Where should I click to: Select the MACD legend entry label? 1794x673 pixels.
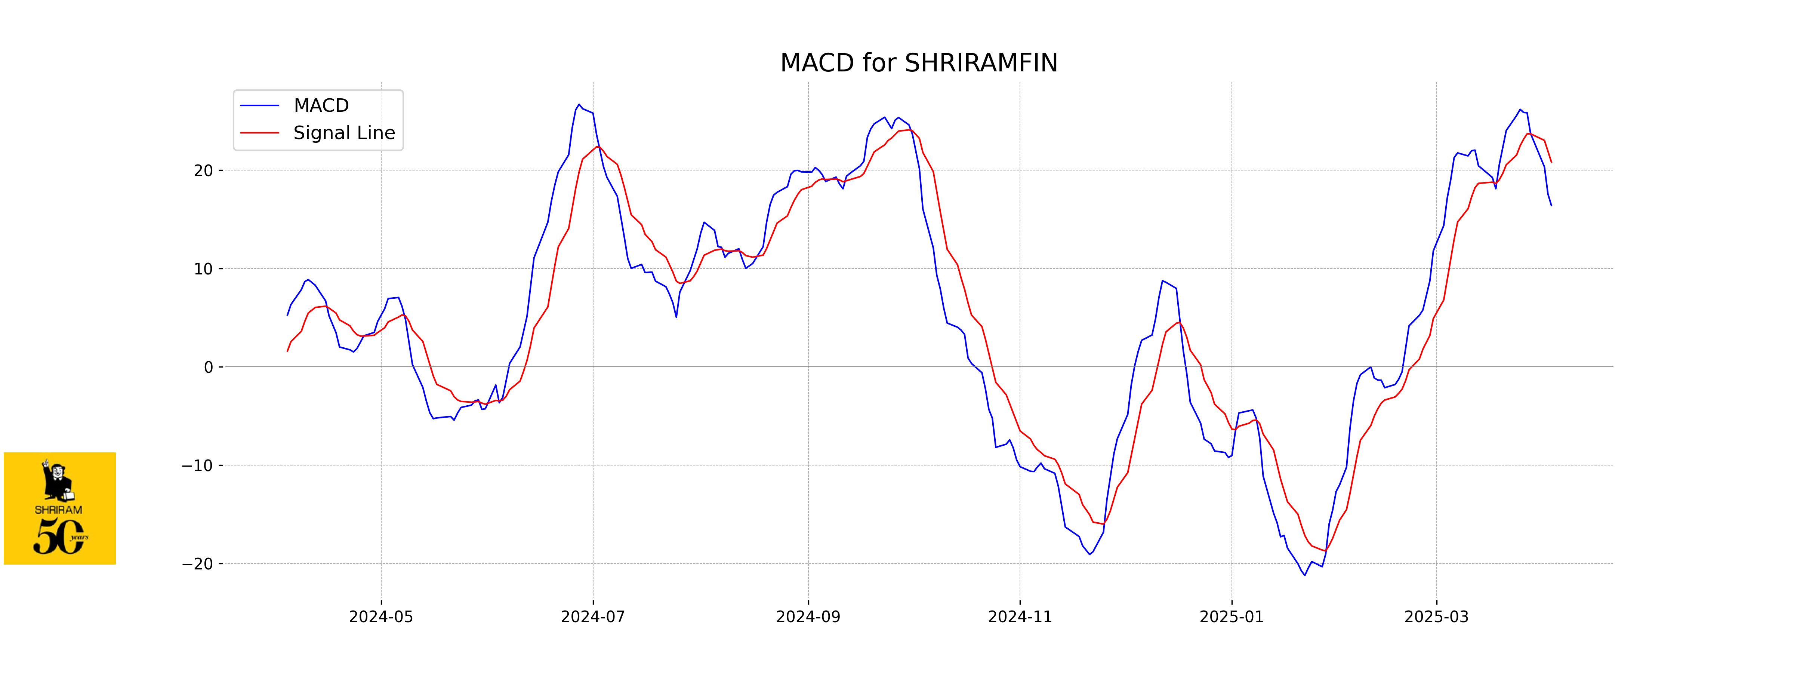click(x=321, y=105)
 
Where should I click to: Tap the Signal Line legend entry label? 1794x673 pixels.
click(x=344, y=132)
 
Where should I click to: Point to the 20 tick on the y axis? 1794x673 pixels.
click(x=203, y=171)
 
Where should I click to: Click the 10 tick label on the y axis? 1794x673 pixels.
click(x=203, y=269)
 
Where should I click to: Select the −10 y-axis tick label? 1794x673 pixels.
click(x=198, y=465)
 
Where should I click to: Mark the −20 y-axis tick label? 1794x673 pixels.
click(x=198, y=563)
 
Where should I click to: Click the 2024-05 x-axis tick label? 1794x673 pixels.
click(x=381, y=617)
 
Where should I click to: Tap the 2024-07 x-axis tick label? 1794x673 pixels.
click(x=593, y=617)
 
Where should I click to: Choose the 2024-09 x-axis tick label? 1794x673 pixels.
click(x=808, y=617)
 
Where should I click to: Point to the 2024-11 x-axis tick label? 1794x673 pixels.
click(x=1020, y=617)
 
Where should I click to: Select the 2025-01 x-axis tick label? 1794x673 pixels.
click(x=1231, y=617)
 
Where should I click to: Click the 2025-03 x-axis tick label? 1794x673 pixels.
click(x=1436, y=617)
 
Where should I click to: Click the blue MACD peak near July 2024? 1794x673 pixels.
click(x=579, y=105)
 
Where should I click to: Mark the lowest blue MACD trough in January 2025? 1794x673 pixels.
click(x=1305, y=575)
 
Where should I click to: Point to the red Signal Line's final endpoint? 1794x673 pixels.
click(x=1551, y=162)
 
